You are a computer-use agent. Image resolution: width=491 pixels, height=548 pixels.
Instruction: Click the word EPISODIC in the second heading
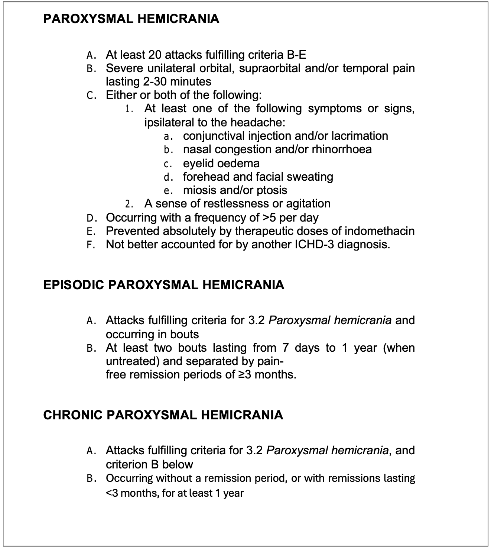tap(73, 285)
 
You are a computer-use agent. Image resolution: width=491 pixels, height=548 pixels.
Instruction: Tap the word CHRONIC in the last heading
tap(72, 415)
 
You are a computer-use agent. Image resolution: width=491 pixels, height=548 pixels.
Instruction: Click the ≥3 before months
tap(244, 374)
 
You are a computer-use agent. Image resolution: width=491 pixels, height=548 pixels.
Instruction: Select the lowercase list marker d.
tap(167, 177)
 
